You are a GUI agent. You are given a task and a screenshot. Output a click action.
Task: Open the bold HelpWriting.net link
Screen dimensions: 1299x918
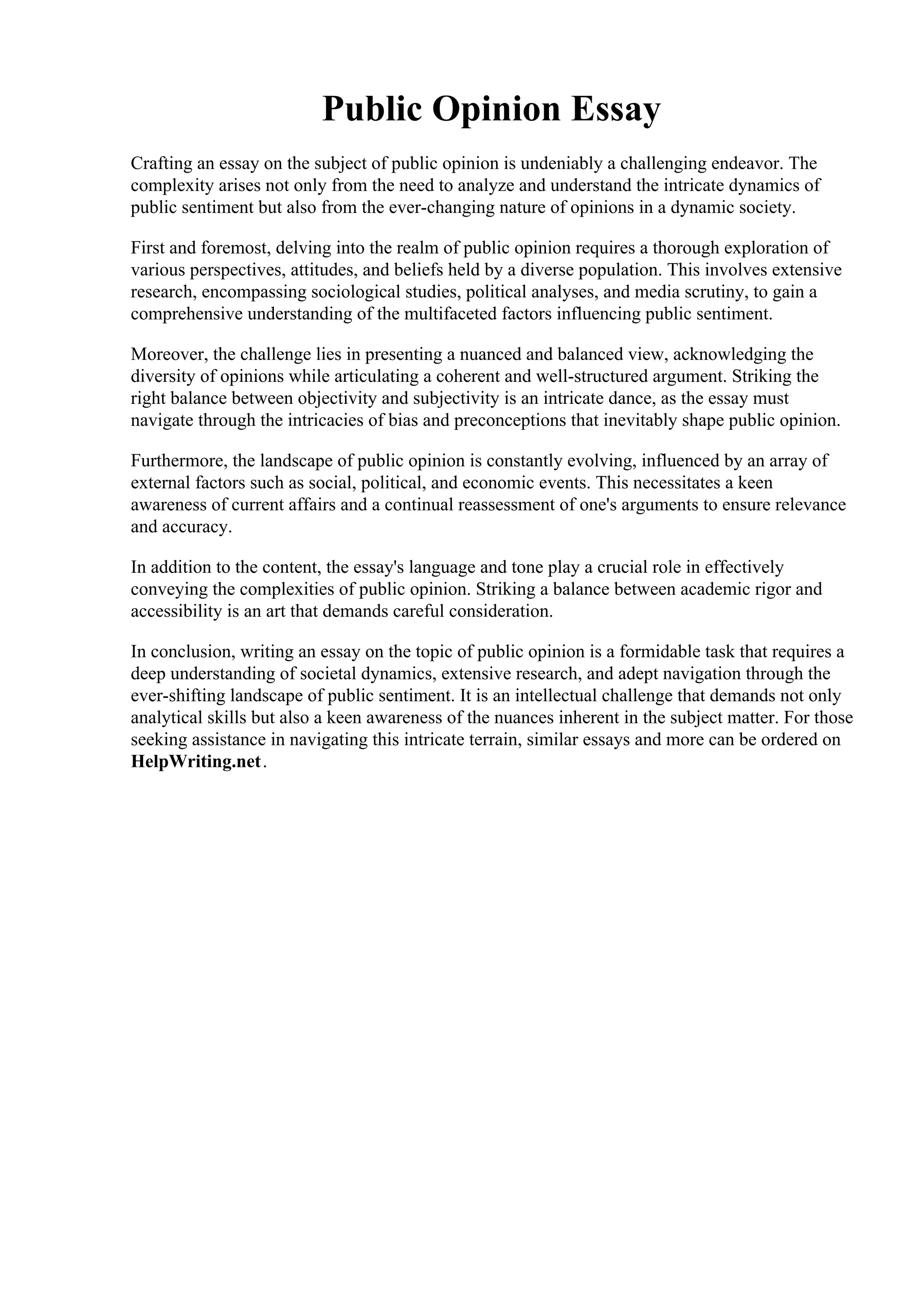click(x=196, y=762)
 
